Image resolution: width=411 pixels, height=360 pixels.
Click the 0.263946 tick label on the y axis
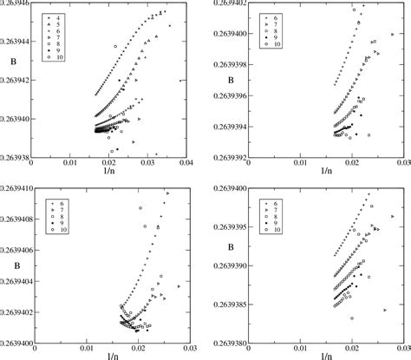(x=16, y=4)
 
